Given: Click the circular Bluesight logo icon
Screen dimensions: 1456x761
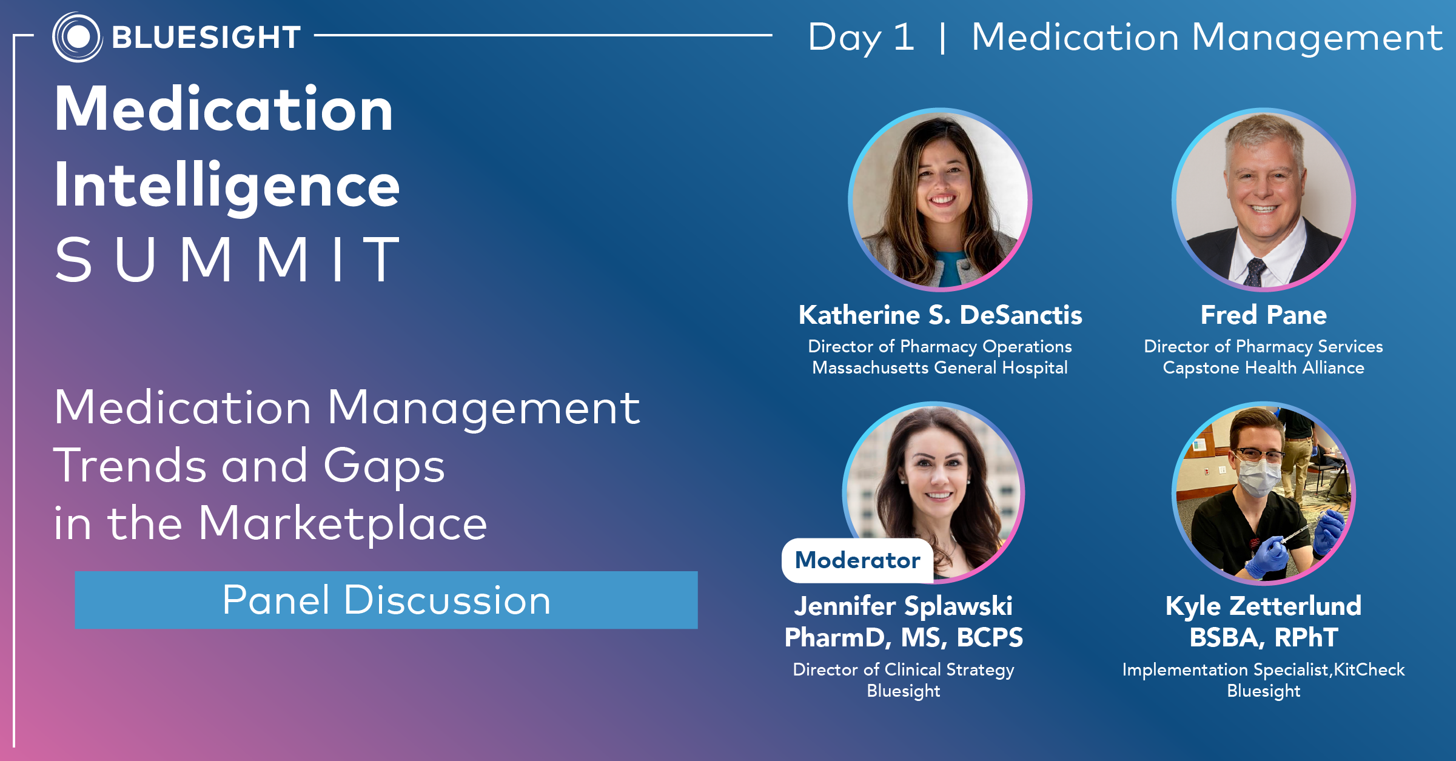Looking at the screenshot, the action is pyautogui.click(x=77, y=37).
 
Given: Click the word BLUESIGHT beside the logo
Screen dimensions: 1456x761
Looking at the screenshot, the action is pyautogui.click(x=206, y=38).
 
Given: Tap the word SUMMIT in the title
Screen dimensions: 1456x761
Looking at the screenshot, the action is pyautogui.click(x=227, y=260).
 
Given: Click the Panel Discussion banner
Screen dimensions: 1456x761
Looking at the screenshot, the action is pyautogui.click(x=386, y=600).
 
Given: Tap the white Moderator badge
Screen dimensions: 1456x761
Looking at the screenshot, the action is pyautogui.click(x=857, y=560).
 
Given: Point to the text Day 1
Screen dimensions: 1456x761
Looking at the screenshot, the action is pyautogui.click(x=861, y=38).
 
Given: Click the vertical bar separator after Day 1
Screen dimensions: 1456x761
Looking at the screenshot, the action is pyautogui.click(x=942, y=38).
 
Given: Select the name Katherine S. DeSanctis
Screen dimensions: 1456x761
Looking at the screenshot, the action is pyautogui.click(x=940, y=315).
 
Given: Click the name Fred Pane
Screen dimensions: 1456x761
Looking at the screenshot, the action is pyautogui.click(x=1264, y=315).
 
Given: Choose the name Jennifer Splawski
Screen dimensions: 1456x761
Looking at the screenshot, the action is pyautogui.click(x=904, y=606).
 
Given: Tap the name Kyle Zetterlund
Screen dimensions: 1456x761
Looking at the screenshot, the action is pyautogui.click(x=1264, y=606).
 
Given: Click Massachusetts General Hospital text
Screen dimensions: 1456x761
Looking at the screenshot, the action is pyautogui.click(x=940, y=367).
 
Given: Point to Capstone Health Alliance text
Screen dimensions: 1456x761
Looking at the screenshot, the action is pyautogui.click(x=1264, y=367).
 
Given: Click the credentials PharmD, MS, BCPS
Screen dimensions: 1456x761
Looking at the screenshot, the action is pyautogui.click(x=904, y=637).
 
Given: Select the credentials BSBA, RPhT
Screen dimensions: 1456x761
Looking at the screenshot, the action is pyautogui.click(x=1264, y=637).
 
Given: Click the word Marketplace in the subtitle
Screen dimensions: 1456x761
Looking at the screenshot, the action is pyautogui.click(x=343, y=523).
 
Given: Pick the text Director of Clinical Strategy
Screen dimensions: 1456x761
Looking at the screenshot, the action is pyautogui.click(x=904, y=669).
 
